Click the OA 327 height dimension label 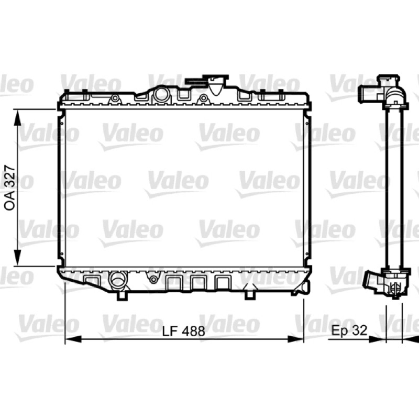click(x=9, y=188)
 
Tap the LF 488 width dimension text click(x=184, y=331)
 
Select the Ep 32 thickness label click(x=349, y=330)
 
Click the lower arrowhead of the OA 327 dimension click(x=17, y=257)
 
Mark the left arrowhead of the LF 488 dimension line click(x=73, y=339)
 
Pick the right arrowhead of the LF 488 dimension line click(x=295, y=339)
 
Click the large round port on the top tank click(x=161, y=94)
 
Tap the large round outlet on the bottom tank click(x=117, y=280)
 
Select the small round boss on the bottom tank click(x=153, y=280)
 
